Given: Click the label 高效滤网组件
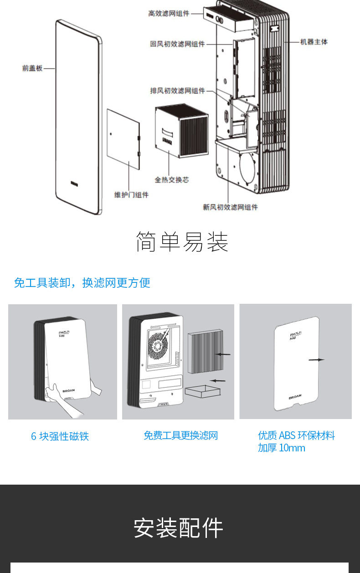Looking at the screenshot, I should click(169, 14).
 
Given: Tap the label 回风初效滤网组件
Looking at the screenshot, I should click(177, 44).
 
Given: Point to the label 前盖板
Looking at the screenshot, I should click(32, 68).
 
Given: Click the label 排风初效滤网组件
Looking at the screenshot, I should click(178, 91).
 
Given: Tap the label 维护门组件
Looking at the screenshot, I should click(131, 195).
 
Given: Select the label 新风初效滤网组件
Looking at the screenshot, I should click(230, 207).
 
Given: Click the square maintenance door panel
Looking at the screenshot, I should click(123, 139).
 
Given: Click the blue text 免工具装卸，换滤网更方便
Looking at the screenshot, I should click(82, 283).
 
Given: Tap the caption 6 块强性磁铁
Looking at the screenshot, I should click(60, 436).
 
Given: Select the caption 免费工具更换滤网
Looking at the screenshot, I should click(180, 435).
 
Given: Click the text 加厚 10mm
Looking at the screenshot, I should click(282, 448).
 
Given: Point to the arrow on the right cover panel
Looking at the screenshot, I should click(316, 360).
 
